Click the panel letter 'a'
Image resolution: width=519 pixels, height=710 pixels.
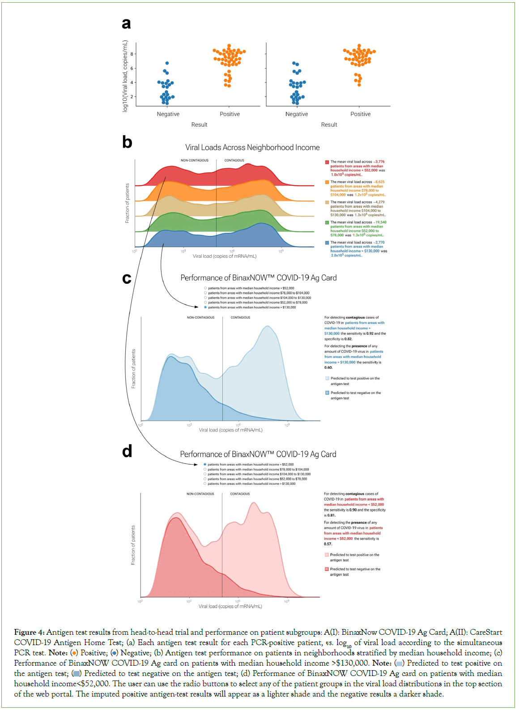[126, 23]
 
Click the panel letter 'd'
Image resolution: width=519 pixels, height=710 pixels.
[127, 451]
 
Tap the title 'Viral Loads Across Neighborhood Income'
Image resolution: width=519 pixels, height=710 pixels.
[252, 147]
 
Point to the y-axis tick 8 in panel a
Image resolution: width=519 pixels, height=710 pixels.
[132, 54]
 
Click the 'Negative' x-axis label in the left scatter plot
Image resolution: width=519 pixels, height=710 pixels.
[168, 114]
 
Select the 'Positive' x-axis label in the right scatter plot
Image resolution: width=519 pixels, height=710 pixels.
[360, 114]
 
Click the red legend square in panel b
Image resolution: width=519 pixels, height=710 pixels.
[327, 162]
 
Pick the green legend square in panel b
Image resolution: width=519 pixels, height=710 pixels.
[327, 222]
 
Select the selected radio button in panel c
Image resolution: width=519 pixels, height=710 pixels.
[205, 308]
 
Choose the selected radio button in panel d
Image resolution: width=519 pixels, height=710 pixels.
[205, 465]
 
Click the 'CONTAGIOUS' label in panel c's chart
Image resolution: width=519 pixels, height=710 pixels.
[240, 317]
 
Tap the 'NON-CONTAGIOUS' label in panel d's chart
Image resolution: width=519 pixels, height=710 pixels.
[200, 494]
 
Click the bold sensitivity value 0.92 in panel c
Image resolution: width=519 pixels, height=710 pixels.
[370, 334]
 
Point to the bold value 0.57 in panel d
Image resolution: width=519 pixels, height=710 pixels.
[328, 544]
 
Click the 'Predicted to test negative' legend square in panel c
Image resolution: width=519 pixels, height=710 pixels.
[327, 393]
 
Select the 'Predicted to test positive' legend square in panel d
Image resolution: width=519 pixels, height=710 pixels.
[327, 555]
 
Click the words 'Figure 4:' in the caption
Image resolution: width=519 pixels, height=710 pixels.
[29, 632]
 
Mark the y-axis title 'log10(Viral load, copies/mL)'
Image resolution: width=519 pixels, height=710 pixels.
[125, 76]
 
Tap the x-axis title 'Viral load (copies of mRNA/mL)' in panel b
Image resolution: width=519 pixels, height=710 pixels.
[225, 257]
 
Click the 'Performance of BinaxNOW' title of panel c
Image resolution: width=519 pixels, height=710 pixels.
[258, 278]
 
